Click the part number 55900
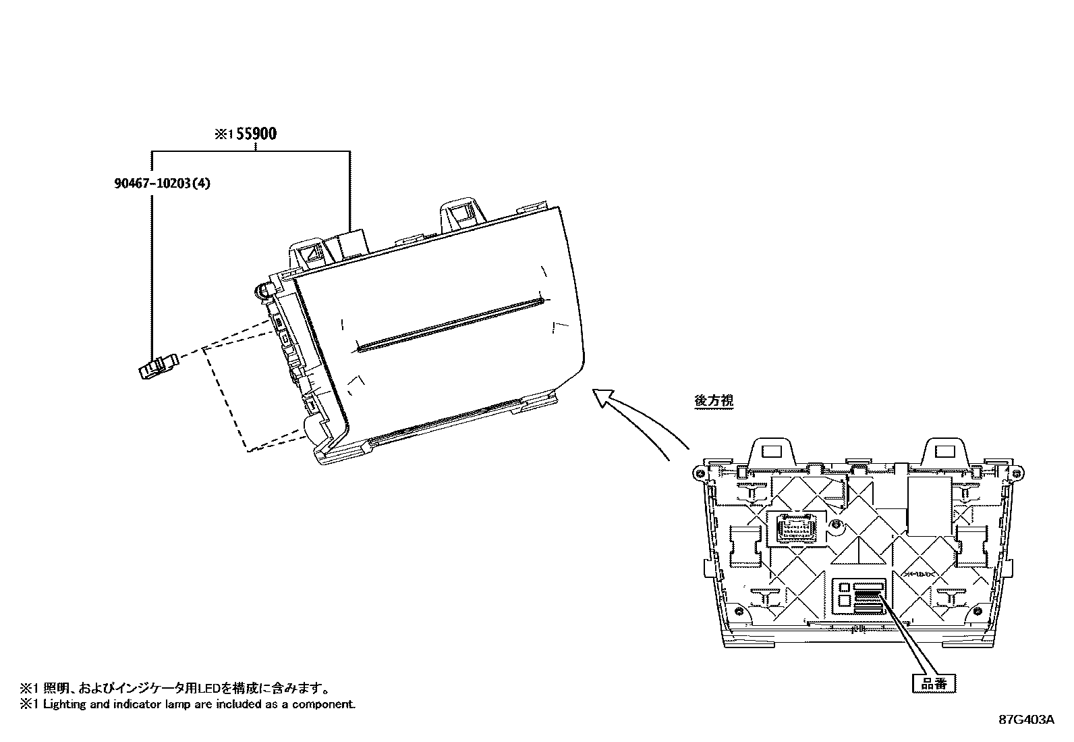coord(255,134)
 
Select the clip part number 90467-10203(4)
coord(162,183)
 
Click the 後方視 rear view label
coord(714,400)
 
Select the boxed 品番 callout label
coord(934,683)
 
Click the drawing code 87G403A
coord(1026,720)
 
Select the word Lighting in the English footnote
coord(65,704)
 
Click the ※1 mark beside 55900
coord(223,134)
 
